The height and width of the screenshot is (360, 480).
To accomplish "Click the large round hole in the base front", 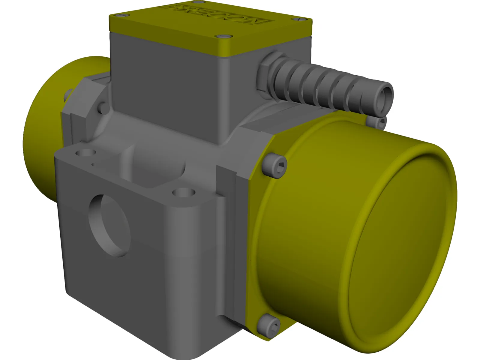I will (110, 225).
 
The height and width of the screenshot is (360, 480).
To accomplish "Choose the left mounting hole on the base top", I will (85, 153).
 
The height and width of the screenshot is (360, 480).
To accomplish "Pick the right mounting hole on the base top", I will (184, 192).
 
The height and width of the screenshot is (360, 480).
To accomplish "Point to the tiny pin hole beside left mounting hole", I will (93, 164).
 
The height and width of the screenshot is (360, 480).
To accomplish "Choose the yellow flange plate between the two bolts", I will (255, 240).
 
